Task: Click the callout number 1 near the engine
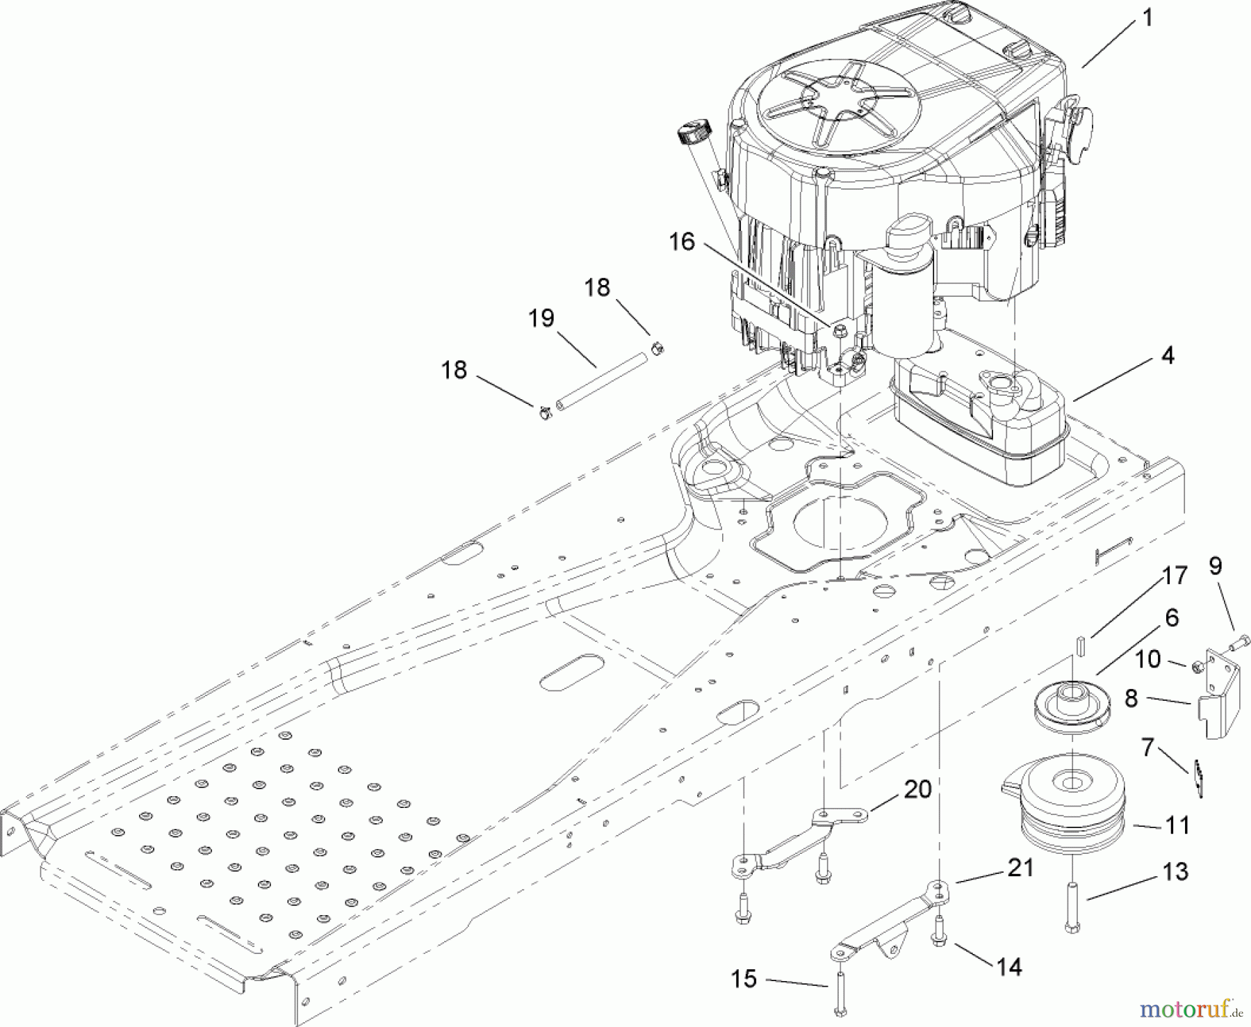click(1146, 18)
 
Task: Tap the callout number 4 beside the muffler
click(1167, 355)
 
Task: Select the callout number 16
click(682, 242)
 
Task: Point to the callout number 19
click(541, 318)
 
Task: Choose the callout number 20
click(917, 789)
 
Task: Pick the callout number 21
click(1019, 867)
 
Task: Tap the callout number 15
click(744, 979)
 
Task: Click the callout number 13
click(1175, 871)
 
